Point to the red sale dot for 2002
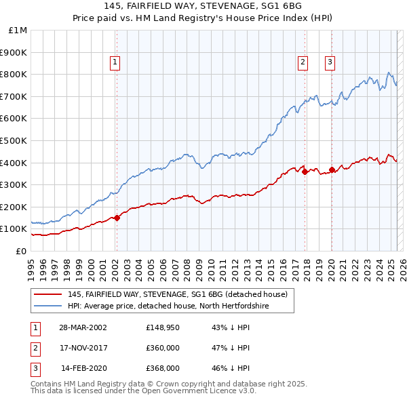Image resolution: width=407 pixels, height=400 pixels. pos(117,218)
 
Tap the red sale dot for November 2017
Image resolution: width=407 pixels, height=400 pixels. pos(305,172)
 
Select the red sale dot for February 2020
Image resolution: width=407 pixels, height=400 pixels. pos(332,169)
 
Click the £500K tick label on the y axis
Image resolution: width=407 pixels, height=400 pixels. pos(14,140)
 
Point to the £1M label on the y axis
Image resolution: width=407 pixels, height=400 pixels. pos(18,30)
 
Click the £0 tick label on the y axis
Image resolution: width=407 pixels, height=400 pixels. pos(22,251)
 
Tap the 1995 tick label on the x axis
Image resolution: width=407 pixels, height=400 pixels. pos(31,267)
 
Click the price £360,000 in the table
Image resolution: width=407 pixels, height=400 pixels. pos(163,348)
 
